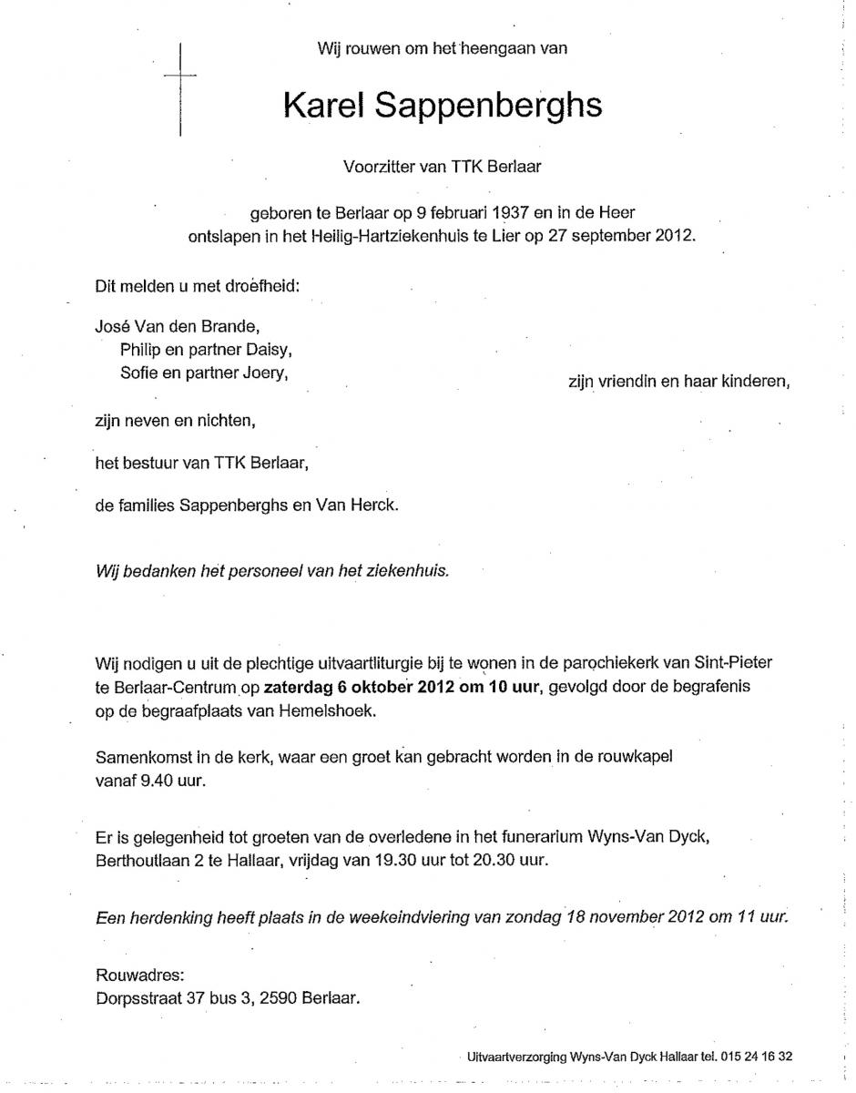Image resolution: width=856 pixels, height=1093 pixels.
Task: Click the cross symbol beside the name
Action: (181, 88)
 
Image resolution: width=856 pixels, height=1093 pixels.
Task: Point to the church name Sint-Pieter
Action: (739, 661)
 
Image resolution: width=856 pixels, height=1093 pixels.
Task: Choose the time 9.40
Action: (158, 781)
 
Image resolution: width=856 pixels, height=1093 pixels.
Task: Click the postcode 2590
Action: (279, 998)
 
